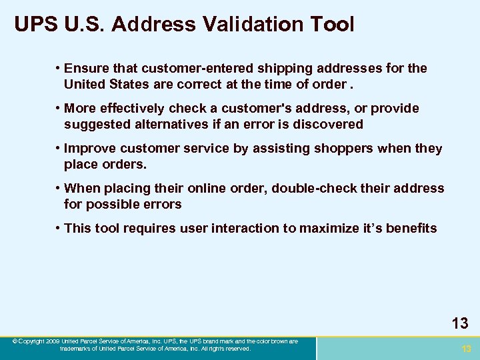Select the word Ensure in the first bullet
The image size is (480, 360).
click(x=86, y=68)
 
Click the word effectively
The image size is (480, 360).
click(x=133, y=108)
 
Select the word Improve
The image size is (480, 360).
click(x=89, y=148)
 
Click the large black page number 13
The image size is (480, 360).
click(x=460, y=324)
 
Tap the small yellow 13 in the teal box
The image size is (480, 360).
click(x=466, y=349)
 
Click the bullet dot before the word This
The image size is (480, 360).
click(x=59, y=228)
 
